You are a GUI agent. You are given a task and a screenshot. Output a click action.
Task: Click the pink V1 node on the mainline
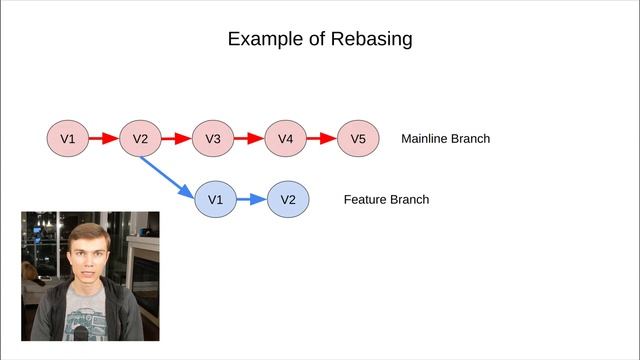(x=67, y=139)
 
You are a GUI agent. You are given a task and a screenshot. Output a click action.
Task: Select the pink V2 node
(x=140, y=139)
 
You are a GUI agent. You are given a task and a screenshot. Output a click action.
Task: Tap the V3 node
(x=212, y=139)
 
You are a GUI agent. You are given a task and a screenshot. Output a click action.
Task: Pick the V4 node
(x=285, y=139)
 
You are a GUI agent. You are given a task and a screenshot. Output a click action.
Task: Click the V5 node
(x=358, y=139)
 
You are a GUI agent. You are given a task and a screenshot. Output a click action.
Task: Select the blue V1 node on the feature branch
(x=215, y=199)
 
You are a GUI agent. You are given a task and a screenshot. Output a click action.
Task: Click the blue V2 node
(x=288, y=199)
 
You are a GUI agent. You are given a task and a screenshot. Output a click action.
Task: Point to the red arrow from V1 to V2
(x=103, y=139)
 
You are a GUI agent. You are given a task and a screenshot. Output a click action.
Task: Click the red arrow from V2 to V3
(x=176, y=139)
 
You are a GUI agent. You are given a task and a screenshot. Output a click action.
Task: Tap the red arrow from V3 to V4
(x=249, y=139)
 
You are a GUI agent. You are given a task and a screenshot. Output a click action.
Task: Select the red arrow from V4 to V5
(x=322, y=139)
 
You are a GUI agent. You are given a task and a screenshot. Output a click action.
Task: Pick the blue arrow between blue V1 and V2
(x=251, y=199)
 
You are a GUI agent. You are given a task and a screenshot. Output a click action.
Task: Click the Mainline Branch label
(x=445, y=139)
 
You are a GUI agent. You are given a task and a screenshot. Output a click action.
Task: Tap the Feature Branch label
(x=386, y=199)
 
